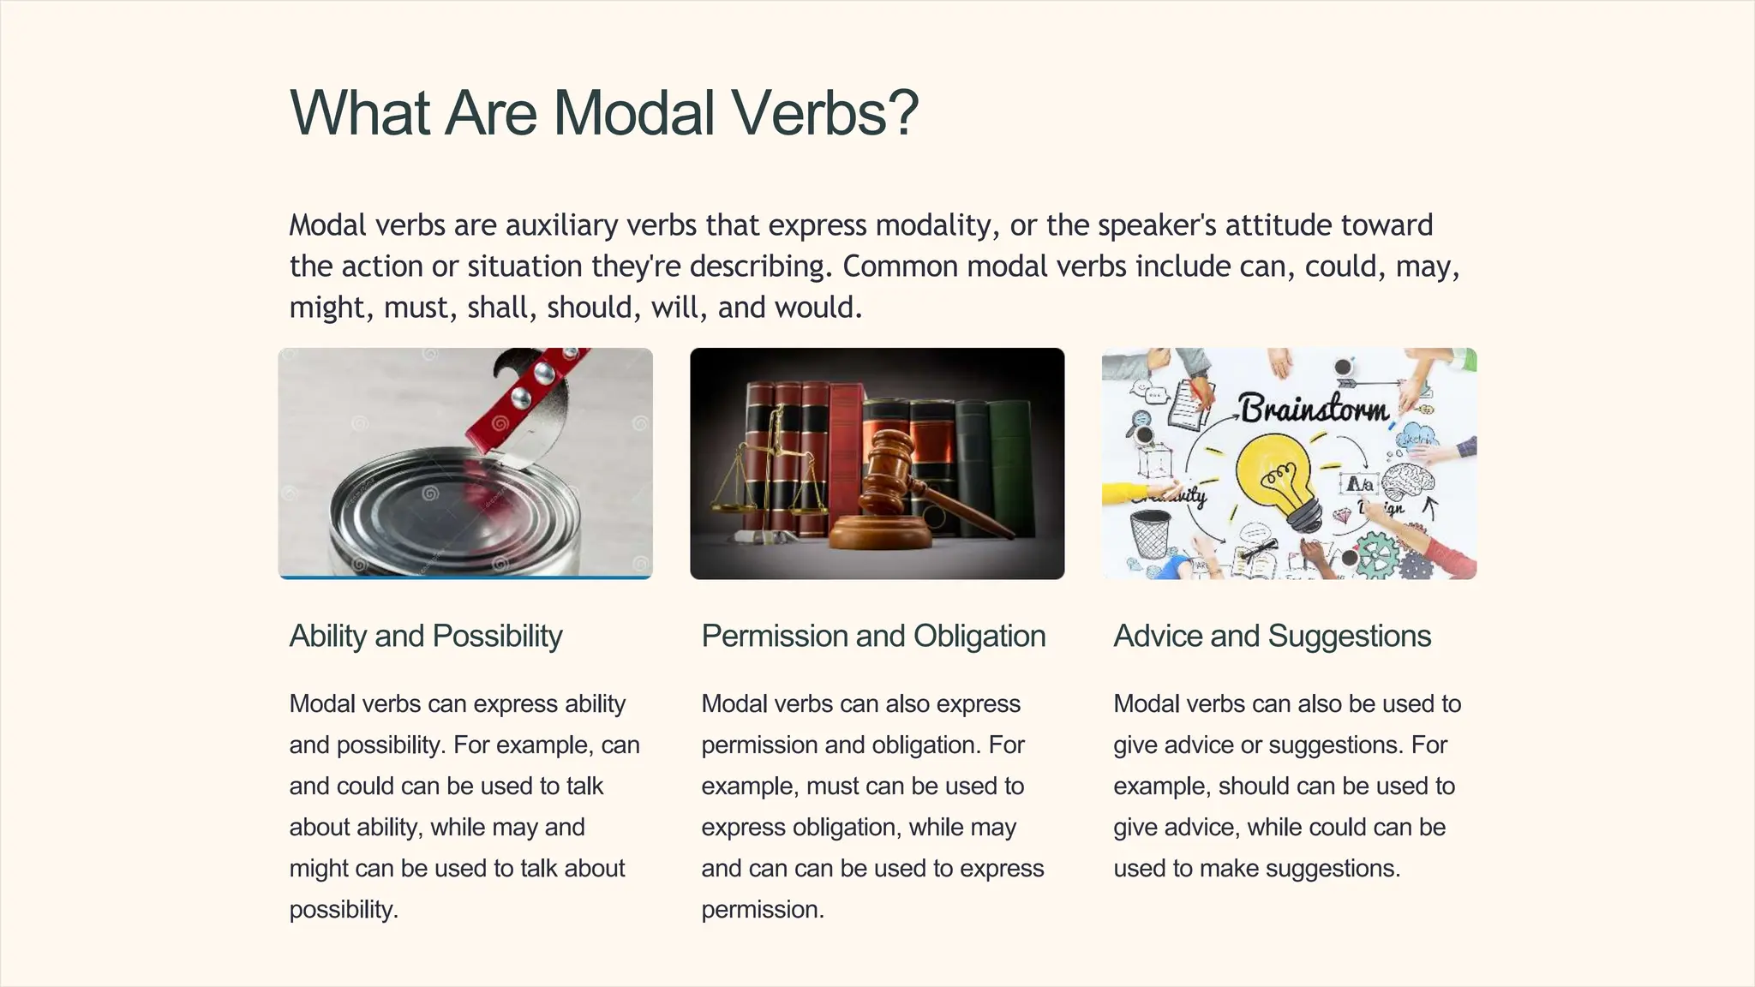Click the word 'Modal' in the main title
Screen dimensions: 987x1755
633,112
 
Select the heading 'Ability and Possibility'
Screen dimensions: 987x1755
426,636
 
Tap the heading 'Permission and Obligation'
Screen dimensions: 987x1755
873,636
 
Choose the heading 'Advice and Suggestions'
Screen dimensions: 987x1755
1272,636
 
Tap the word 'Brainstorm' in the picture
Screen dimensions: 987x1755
1314,409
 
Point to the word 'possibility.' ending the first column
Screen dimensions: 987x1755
344,910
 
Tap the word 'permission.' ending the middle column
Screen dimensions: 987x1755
763,910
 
